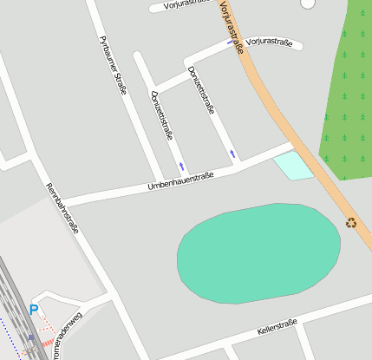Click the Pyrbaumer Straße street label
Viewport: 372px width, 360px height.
(114, 66)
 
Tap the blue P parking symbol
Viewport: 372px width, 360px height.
(34, 310)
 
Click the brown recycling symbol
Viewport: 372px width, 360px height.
(351, 222)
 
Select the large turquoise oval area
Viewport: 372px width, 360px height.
(258, 253)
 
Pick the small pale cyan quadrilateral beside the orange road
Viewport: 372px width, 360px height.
(292, 165)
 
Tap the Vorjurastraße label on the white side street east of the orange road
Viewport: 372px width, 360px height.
(269, 43)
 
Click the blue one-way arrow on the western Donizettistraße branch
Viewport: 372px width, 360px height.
(181, 164)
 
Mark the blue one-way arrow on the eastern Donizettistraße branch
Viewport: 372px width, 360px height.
(232, 154)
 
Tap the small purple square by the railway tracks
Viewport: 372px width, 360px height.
(32, 337)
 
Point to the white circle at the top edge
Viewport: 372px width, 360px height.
(307, 3)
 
